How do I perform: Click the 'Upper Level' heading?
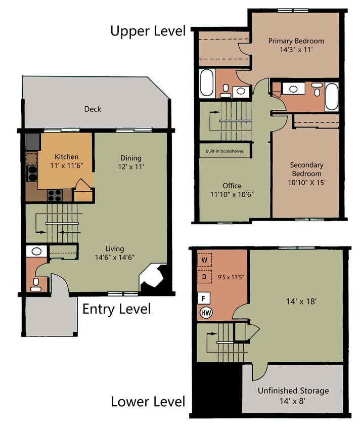tap(148, 31)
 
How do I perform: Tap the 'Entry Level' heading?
tap(116, 308)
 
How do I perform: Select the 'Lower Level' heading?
tap(148, 402)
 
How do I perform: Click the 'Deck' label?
tap(93, 109)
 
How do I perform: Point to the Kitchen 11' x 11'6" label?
tap(66, 160)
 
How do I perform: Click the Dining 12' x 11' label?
tap(130, 162)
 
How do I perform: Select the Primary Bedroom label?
tap(296, 46)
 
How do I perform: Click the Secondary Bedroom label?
tap(306, 174)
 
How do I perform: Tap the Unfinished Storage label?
tap(293, 395)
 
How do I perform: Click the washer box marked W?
tap(205, 261)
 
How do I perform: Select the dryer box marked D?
tap(205, 277)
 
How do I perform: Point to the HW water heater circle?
tap(206, 313)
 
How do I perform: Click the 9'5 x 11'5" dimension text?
tap(231, 277)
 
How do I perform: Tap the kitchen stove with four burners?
tap(55, 194)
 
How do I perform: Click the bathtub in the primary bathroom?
tap(207, 83)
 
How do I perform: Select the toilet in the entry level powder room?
tap(36, 285)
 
